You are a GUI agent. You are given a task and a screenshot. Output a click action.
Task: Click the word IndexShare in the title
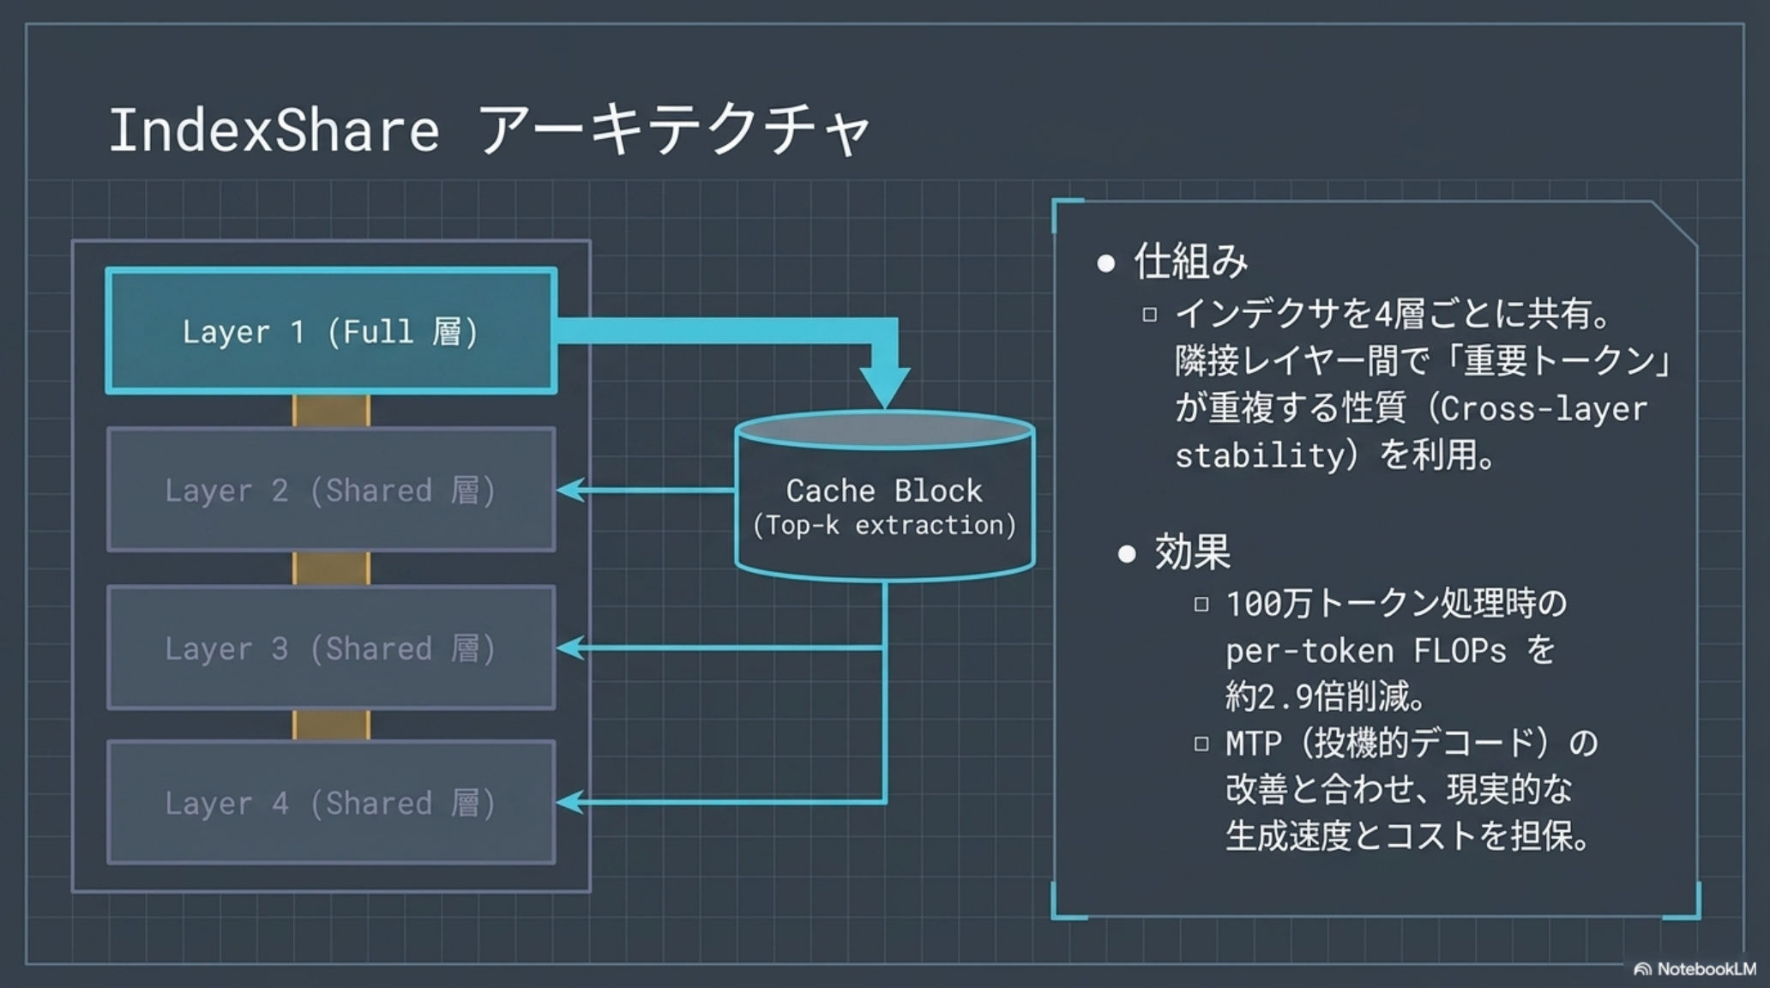[274, 130]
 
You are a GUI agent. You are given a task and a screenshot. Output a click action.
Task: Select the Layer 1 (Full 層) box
[331, 331]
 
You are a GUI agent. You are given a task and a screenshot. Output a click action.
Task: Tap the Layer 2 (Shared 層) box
[331, 490]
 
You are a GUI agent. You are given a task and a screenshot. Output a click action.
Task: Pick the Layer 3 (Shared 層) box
[331, 648]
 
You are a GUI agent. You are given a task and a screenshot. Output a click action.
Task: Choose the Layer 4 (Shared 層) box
[331, 803]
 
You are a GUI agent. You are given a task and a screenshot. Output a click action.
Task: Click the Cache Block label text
[884, 491]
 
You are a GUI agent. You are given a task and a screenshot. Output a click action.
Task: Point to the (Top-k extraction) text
[884, 525]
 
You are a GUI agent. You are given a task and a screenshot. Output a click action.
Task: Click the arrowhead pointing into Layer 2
[571, 490]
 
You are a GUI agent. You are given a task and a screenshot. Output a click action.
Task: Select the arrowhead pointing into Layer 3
[571, 648]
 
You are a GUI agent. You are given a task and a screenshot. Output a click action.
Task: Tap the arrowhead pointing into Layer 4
[571, 803]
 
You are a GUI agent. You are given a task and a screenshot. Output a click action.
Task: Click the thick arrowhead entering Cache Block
[885, 388]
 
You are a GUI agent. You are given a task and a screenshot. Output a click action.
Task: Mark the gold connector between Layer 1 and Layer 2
[331, 411]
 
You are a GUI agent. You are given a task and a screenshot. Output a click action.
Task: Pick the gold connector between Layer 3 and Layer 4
[331, 726]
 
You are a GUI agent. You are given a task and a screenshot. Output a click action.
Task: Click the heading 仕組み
[1190, 261]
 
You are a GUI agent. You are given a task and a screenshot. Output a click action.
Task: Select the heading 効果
[1192, 551]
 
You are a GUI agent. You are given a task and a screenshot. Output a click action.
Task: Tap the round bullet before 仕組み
[1106, 263]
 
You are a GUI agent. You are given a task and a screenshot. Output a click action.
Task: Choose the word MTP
[1253, 743]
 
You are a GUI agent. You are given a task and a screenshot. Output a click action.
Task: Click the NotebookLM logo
[1694, 969]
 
